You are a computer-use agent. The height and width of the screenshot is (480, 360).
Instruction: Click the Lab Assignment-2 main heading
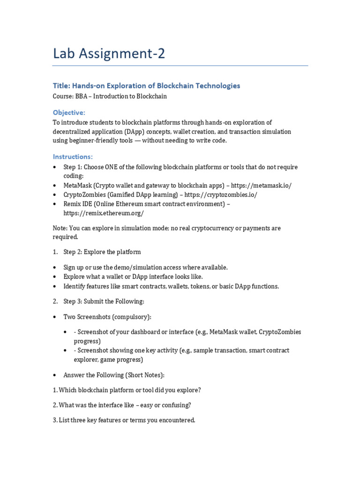(109, 54)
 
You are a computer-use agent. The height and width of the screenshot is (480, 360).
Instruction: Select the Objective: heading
(69, 112)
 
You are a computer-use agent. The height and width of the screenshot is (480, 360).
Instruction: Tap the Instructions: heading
(73, 156)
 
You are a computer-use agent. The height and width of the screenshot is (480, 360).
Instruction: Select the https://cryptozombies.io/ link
(221, 195)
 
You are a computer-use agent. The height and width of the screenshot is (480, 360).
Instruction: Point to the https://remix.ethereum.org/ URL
(104, 213)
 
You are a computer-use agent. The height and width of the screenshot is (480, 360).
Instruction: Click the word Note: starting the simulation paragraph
(60, 228)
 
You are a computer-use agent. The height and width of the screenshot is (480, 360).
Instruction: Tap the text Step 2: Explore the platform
(102, 252)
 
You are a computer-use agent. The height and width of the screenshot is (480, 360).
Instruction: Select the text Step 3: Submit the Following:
(104, 301)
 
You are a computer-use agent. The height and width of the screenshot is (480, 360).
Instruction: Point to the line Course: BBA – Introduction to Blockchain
(110, 97)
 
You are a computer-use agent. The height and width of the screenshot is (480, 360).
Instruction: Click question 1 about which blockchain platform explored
(127, 390)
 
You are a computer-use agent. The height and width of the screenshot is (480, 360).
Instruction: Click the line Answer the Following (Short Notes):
(114, 375)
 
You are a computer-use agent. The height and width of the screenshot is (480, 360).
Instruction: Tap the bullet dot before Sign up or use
(55, 268)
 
